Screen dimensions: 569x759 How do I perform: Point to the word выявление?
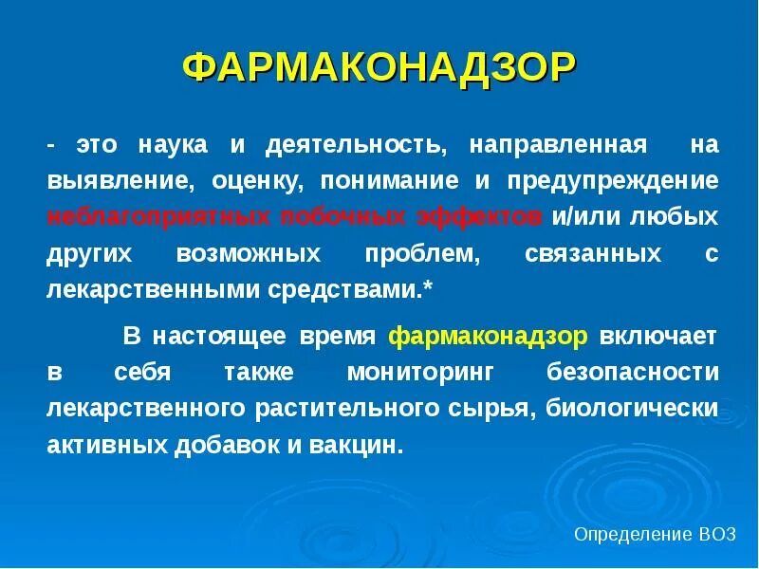click(x=104, y=181)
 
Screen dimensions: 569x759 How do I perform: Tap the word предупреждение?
click(x=613, y=181)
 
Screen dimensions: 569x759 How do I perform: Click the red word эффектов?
click(x=479, y=216)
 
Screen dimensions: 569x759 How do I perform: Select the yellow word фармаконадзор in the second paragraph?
click(x=490, y=337)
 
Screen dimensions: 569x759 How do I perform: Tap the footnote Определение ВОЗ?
click(x=655, y=535)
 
